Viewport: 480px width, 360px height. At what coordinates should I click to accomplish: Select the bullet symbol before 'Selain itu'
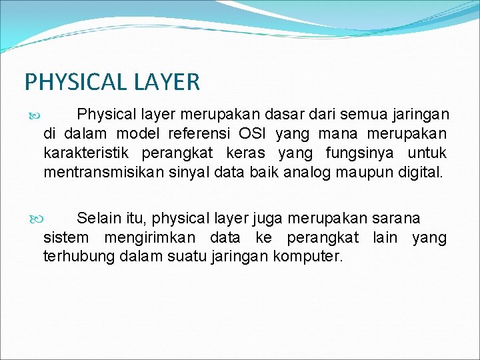coord(35,219)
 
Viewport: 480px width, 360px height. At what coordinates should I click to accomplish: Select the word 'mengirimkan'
coord(149,237)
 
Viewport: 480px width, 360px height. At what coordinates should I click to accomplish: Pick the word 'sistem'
coord(65,237)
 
